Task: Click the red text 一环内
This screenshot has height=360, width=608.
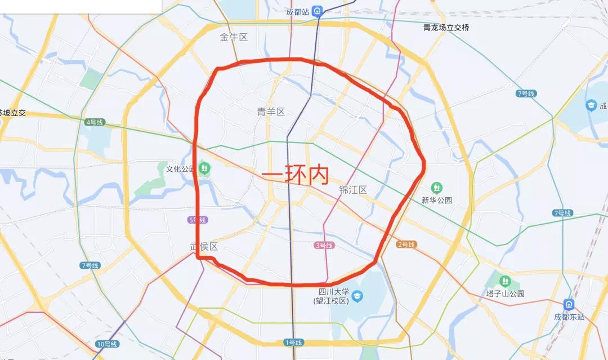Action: (x=295, y=175)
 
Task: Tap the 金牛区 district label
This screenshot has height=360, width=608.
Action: (x=234, y=38)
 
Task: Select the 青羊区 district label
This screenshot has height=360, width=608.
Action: (x=271, y=111)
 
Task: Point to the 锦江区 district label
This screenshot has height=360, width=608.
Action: (x=353, y=190)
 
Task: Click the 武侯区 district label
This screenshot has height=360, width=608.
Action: (x=204, y=246)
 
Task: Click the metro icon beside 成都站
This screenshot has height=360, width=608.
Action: (x=318, y=11)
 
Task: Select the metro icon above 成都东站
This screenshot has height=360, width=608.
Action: (x=569, y=305)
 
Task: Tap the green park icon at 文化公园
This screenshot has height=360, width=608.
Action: (x=204, y=167)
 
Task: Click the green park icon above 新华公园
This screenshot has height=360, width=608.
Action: (x=436, y=188)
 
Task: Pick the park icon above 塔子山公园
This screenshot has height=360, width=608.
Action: (x=505, y=281)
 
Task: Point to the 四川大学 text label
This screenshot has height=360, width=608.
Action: (x=334, y=292)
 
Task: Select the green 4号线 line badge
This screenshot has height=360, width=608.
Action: (x=95, y=122)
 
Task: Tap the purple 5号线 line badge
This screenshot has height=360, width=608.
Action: (x=198, y=220)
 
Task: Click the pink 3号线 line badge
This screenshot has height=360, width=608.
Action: (x=324, y=245)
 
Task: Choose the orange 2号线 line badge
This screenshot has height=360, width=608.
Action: (x=406, y=245)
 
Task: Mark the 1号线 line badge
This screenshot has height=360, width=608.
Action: (x=293, y=343)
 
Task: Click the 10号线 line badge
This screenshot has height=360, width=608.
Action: (x=106, y=344)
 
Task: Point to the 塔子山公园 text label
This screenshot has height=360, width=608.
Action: (x=506, y=294)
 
